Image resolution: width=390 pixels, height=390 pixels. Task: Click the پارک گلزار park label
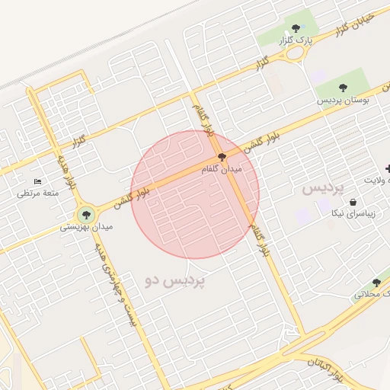[x=296, y=40]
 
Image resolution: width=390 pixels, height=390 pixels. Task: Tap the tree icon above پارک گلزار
[x=296, y=28]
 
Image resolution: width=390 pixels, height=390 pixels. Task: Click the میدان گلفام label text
[x=221, y=170]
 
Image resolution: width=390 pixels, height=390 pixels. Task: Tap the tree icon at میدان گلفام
[x=222, y=158]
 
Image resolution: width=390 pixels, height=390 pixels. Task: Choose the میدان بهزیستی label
[x=87, y=227]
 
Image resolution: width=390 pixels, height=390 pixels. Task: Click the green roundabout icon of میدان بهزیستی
[x=85, y=213]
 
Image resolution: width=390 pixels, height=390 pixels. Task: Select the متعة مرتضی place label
[x=38, y=193]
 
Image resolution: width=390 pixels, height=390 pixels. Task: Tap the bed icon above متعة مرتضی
[x=38, y=182]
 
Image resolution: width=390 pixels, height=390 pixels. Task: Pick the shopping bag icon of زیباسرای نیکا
[x=353, y=203]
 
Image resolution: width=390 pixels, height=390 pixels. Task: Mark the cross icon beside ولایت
[x=388, y=168]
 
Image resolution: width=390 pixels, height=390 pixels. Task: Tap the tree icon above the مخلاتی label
[x=376, y=282]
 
